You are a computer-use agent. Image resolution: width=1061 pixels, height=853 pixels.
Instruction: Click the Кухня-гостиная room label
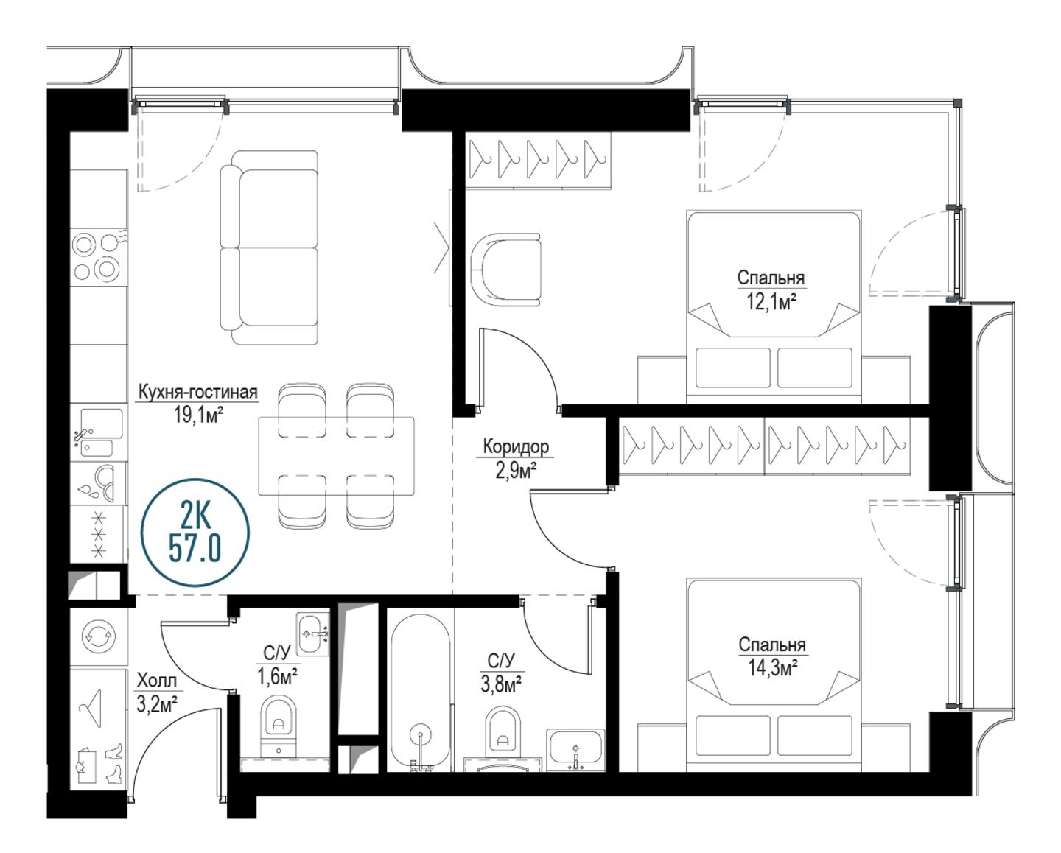click(x=197, y=393)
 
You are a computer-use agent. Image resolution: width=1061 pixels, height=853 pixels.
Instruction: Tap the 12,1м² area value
click(x=771, y=301)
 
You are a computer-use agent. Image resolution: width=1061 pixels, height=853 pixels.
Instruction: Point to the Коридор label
click(x=516, y=446)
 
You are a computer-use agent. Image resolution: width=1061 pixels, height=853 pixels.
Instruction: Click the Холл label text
click(x=156, y=681)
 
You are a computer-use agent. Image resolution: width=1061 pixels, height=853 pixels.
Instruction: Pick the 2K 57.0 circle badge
click(x=195, y=533)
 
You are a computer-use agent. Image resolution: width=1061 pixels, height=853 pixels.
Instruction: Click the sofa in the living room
click(x=269, y=248)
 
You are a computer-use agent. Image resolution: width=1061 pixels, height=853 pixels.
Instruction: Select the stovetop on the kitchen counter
click(x=99, y=257)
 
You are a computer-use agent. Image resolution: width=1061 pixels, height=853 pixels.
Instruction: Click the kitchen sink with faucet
click(x=99, y=432)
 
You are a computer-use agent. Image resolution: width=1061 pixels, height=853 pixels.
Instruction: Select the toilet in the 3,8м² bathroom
click(x=503, y=733)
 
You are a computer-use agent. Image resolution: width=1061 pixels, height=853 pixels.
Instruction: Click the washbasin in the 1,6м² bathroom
click(x=312, y=634)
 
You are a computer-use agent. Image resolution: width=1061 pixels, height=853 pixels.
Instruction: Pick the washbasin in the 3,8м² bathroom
click(x=575, y=749)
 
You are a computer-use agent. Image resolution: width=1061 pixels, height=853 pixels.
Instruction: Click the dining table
click(x=336, y=456)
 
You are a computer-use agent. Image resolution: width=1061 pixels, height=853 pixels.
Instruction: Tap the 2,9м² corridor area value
click(x=516, y=471)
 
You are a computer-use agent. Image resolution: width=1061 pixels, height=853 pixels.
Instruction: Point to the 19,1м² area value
click(x=198, y=415)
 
